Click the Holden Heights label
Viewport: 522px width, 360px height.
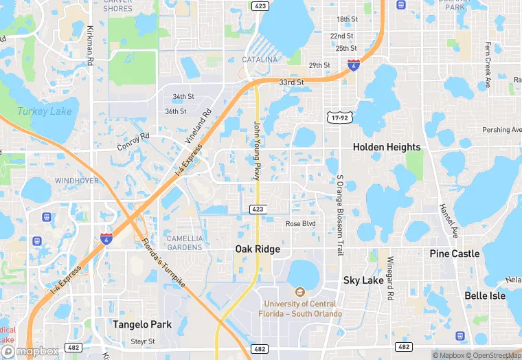coord(386,147)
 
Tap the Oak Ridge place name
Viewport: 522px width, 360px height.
coord(258,249)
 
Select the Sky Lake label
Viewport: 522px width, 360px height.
coord(363,280)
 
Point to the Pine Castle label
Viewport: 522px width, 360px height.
coord(455,254)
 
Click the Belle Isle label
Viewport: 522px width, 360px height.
coord(485,296)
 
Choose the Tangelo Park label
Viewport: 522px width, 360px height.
coord(142,324)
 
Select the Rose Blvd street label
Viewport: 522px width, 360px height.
coord(300,224)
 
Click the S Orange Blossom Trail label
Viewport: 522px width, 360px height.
coord(340,215)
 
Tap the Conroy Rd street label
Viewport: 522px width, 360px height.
coord(133,142)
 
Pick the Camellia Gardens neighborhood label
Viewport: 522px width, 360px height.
coord(185,243)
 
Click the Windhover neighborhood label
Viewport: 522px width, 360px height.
coord(77,181)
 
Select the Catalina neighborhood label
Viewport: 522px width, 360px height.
coord(260,60)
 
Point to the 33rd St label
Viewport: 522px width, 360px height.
coord(291,82)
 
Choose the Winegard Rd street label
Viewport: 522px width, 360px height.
coord(389,278)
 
